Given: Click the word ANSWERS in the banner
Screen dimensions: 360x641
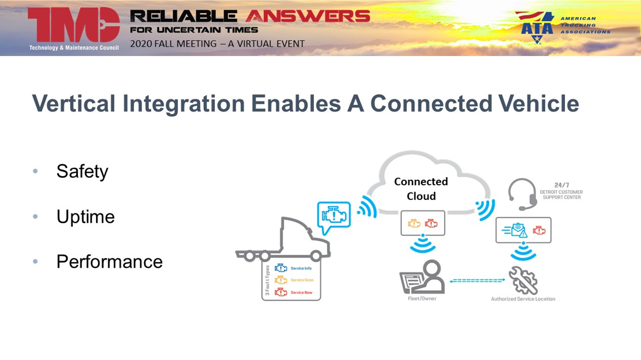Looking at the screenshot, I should pos(308,17).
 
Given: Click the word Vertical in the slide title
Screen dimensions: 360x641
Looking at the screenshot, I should pos(73,104).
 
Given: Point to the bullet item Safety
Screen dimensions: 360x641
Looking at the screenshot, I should pos(82,171).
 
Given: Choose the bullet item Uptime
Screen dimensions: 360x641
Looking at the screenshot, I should pos(85,217).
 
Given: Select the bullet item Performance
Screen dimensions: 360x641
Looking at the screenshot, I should pos(109,262).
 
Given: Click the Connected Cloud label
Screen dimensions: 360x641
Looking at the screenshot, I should pos(421,189).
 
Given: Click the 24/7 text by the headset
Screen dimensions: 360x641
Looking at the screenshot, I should pos(561,185).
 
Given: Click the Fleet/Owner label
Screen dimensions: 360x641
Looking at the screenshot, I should pos(422,299).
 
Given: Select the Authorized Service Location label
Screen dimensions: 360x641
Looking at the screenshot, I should pos(523,299).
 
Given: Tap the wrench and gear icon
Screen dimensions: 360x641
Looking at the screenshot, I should pos(523,280).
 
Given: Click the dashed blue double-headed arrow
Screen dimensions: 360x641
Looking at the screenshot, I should pos(477,280).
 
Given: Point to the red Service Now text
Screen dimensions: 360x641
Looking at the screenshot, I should pos(301,292).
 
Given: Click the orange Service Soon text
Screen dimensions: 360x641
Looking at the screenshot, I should pos(302,280).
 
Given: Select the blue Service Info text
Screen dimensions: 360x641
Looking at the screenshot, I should pos(301,268).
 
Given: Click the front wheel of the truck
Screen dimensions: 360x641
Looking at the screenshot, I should pos(316,256).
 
